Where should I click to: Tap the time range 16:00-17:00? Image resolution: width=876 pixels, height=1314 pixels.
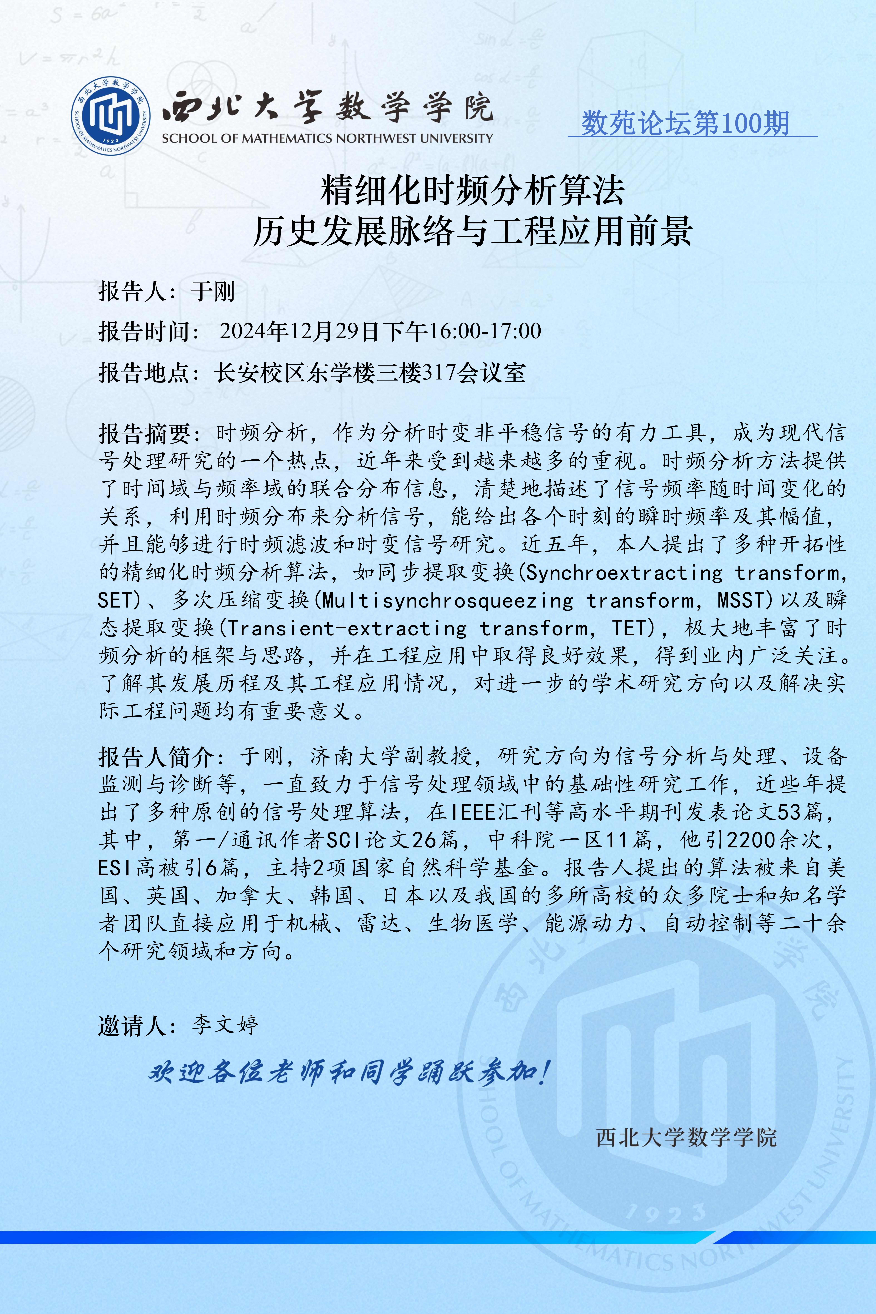pos(484,331)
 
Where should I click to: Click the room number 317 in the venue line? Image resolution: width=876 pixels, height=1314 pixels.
pos(439,372)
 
